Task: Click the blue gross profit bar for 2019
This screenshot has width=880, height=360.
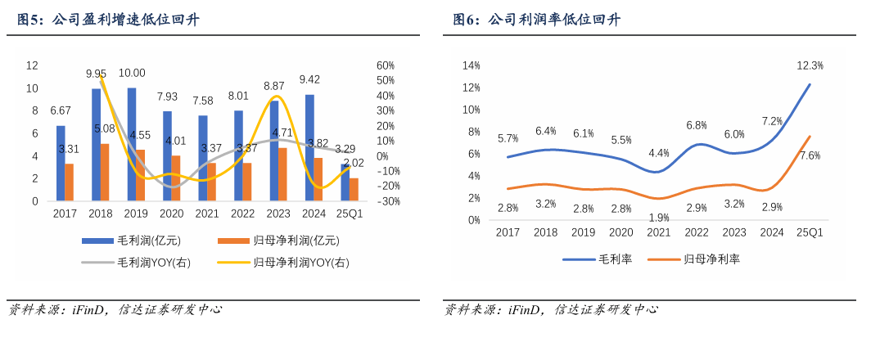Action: tap(132, 144)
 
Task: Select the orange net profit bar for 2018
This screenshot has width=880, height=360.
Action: tap(105, 173)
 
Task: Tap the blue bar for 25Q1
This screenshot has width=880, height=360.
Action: tap(345, 182)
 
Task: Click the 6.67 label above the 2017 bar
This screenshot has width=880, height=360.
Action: tap(60, 110)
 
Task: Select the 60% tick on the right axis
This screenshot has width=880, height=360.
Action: tap(386, 65)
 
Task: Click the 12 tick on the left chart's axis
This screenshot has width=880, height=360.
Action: tap(33, 65)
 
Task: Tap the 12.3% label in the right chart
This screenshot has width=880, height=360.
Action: tap(810, 65)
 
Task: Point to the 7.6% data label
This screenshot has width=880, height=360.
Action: tap(810, 155)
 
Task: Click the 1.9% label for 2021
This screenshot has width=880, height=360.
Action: tap(658, 218)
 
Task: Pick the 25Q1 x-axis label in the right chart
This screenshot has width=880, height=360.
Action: tap(810, 232)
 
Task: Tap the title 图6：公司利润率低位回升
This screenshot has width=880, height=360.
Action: tap(537, 20)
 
